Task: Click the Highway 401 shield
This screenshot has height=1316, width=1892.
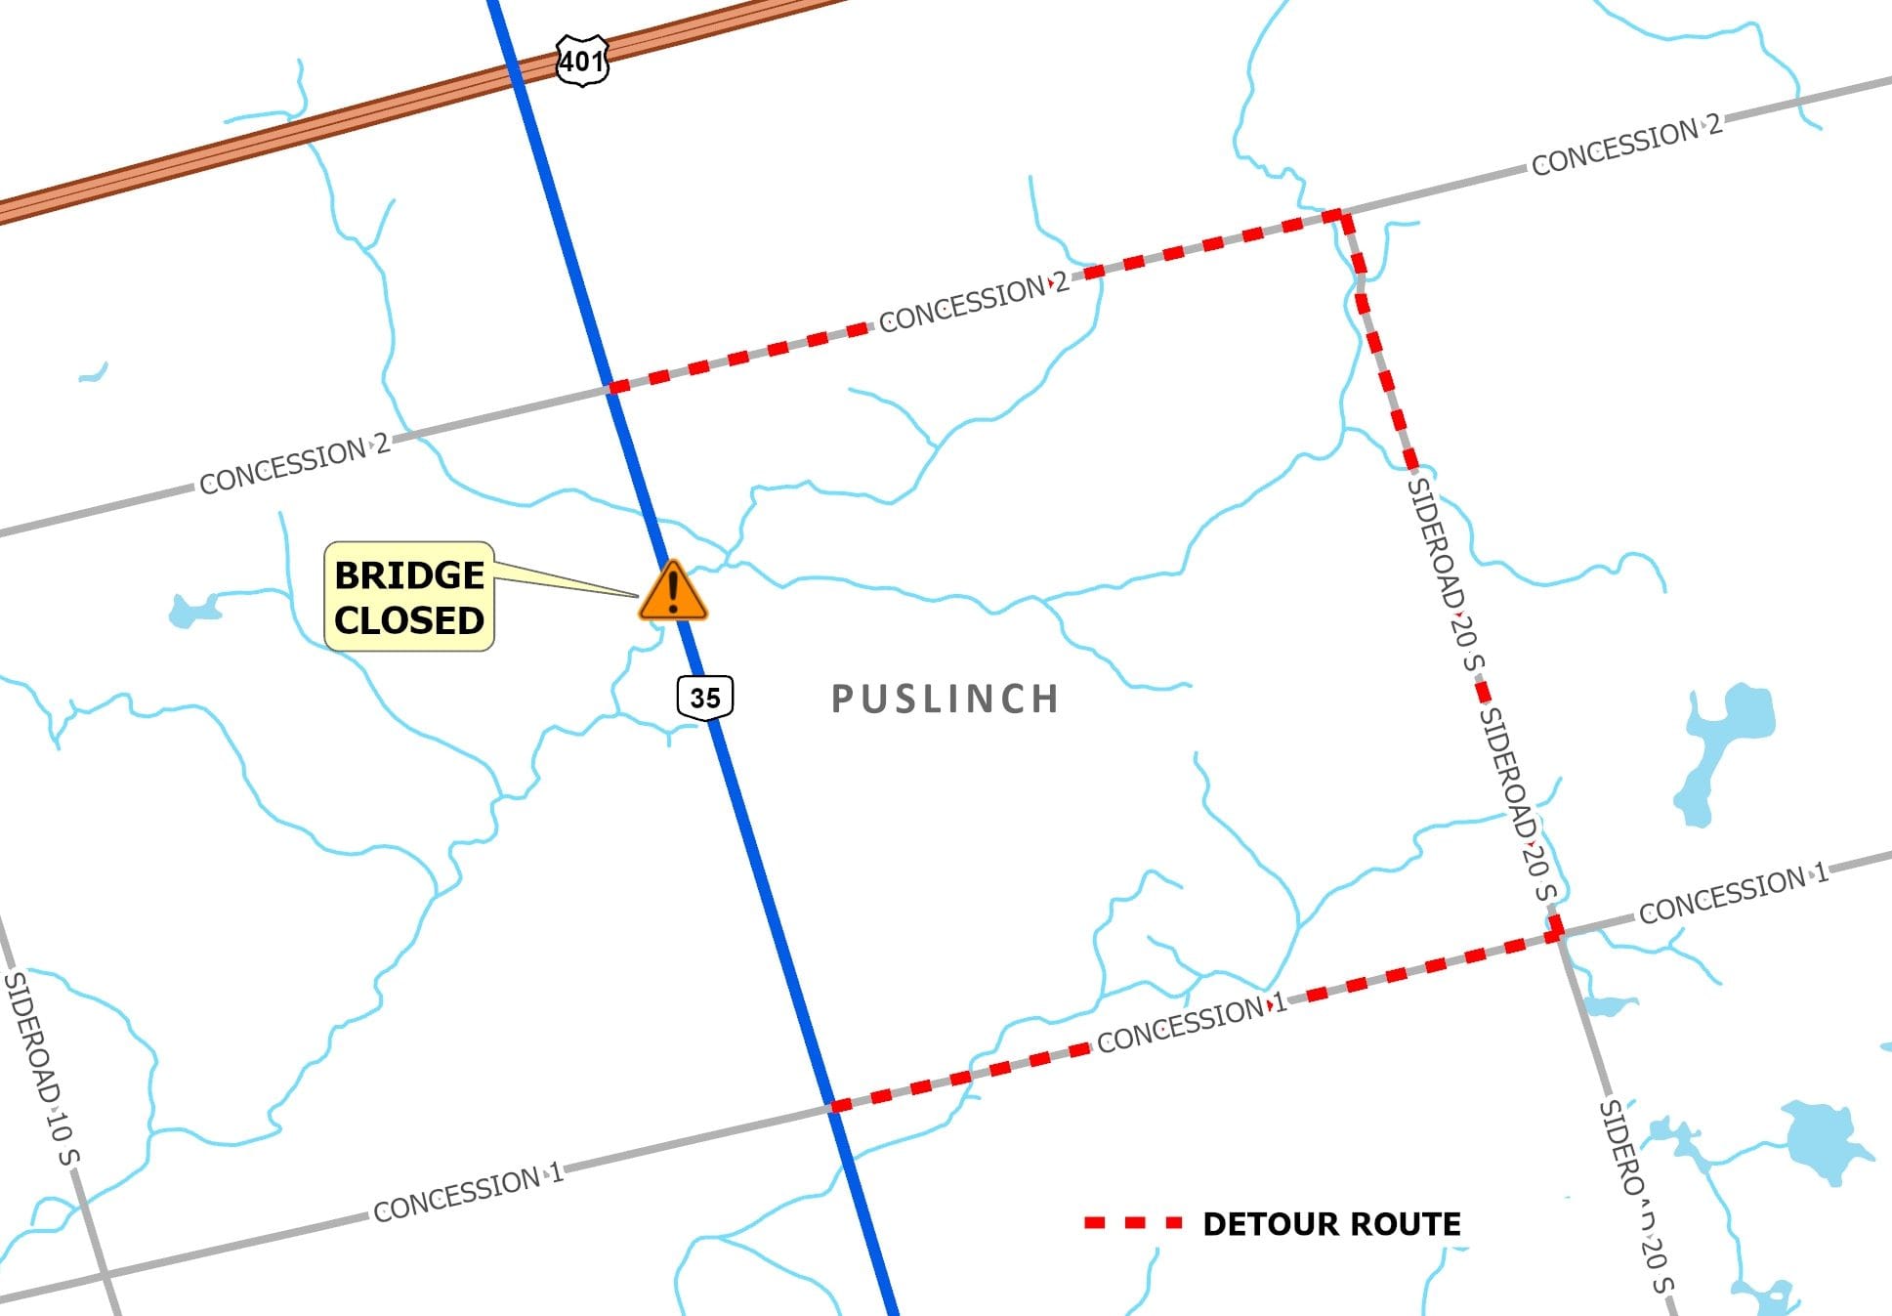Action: point(582,61)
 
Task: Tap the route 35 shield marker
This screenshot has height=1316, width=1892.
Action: point(704,698)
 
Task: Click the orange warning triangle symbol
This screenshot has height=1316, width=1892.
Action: point(672,592)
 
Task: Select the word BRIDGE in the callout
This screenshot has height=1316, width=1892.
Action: point(409,574)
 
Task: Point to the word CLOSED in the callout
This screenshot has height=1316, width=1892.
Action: point(409,620)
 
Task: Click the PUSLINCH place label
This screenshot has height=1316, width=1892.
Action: point(945,700)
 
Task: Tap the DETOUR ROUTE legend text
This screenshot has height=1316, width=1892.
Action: point(1331,1224)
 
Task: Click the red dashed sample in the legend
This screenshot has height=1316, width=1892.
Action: point(1133,1223)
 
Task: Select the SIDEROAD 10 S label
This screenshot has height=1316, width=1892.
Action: point(42,1068)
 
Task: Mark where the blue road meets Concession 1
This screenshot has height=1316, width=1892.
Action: point(834,1106)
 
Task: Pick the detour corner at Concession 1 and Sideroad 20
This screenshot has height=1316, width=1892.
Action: point(1556,933)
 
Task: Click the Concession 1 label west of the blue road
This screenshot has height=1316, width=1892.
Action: point(468,1193)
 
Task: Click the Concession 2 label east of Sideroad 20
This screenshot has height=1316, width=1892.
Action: point(1625,147)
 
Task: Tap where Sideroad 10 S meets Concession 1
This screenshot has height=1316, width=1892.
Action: point(104,1274)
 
